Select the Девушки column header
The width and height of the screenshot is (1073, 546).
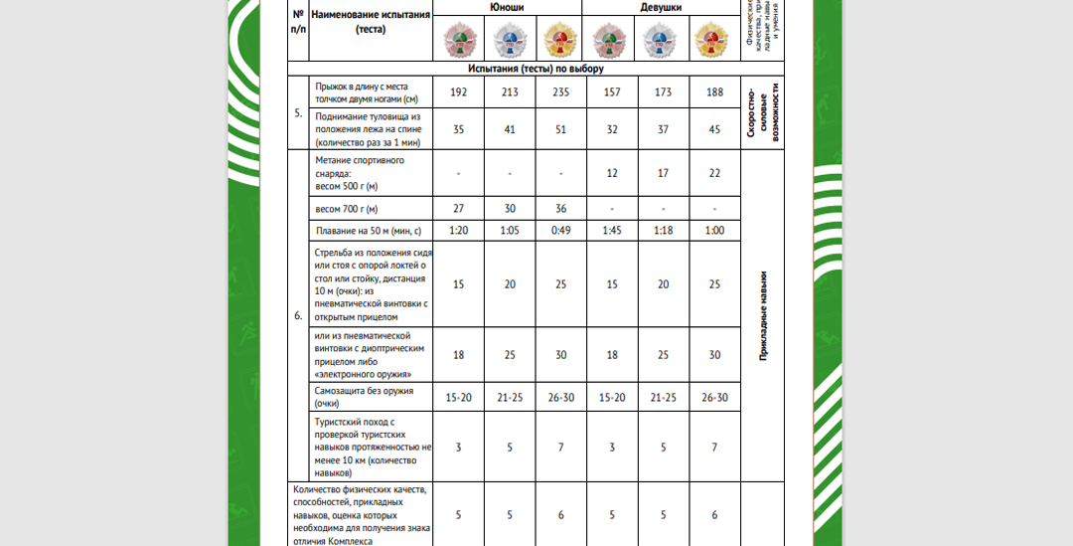click(661, 7)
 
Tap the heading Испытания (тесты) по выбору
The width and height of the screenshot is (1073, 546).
click(536, 69)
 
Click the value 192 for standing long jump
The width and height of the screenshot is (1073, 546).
click(458, 91)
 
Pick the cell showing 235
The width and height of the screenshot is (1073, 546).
click(561, 91)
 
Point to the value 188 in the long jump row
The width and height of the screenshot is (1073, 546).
click(714, 91)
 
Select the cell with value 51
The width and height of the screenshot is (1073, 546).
click(561, 128)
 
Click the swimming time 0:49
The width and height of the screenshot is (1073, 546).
click(561, 231)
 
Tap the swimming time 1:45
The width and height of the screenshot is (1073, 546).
click(612, 231)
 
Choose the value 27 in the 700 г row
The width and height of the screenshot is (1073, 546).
click(458, 209)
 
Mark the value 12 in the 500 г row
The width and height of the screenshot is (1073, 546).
click(612, 173)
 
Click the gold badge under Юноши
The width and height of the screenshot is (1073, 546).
click(559, 41)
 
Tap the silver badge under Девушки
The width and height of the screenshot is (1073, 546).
click(662, 41)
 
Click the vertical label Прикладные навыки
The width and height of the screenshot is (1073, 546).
click(763, 316)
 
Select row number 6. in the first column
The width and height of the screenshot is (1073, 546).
click(298, 315)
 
